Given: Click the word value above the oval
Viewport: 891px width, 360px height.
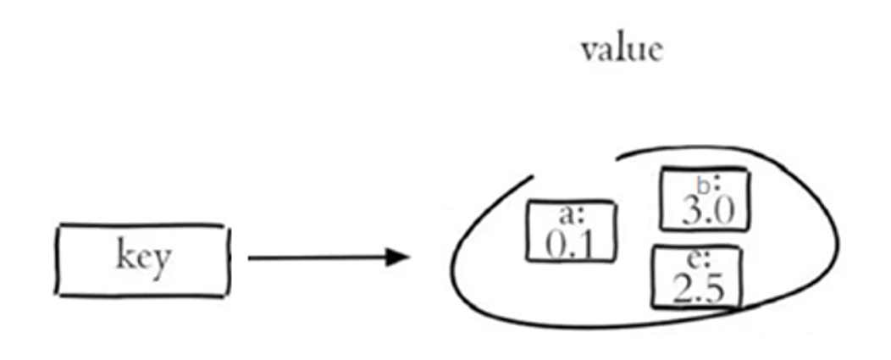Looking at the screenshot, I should (x=621, y=48).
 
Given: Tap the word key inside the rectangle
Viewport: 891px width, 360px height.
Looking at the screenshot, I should (x=142, y=258).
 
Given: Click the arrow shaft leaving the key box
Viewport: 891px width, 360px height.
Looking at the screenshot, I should (x=313, y=257).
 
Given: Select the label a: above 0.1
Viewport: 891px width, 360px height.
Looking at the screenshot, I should (x=573, y=213).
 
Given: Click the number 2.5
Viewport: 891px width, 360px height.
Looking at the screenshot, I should (x=698, y=290).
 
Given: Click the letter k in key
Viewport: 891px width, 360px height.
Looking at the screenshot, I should (x=125, y=256).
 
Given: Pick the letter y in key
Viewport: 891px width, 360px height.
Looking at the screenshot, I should (x=161, y=261).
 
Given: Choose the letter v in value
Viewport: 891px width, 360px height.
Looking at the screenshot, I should (x=589, y=51).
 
